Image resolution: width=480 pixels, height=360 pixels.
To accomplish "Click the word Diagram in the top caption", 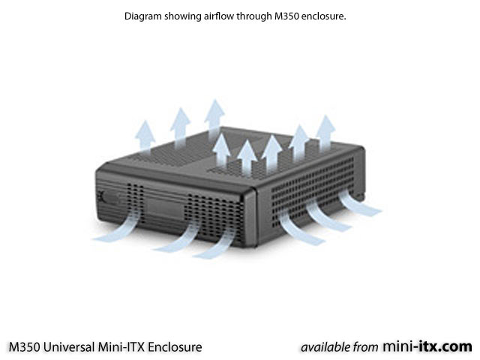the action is [142, 16].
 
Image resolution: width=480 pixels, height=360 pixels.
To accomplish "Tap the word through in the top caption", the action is [254, 16].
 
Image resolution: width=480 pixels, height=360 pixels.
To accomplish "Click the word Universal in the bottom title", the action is [69, 347].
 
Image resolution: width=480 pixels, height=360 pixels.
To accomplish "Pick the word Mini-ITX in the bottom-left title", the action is [121, 347].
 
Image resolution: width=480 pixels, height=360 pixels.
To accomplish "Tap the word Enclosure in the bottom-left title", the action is [175, 347].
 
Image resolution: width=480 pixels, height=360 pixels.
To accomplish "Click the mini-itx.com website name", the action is [427, 346].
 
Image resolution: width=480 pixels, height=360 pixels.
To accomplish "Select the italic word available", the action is [325, 347].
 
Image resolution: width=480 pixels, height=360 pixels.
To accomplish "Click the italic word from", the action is [365, 347].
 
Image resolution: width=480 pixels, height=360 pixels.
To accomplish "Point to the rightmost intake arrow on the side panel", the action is [360, 202].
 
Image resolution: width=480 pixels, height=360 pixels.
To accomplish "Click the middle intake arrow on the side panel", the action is [328, 217].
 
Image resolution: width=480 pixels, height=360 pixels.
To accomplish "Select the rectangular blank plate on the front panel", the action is [165, 208].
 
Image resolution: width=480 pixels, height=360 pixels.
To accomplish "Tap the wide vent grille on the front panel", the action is [215, 217].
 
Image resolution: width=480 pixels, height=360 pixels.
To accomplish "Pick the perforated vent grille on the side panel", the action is [312, 190].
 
